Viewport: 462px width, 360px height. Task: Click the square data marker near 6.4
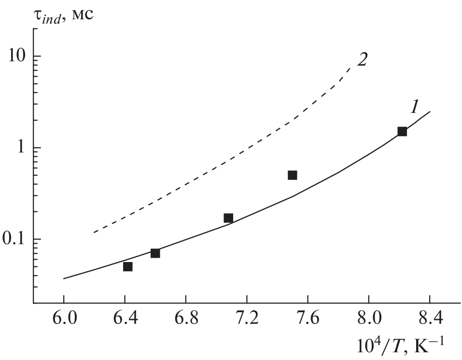click(127, 266)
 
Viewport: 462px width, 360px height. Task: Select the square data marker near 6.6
click(155, 253)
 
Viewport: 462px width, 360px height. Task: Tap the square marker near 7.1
click(228, 218)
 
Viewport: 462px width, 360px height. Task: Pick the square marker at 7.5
click(292, 175)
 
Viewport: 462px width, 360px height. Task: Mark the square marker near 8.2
click(402, 131)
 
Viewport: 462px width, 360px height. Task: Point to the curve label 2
click(362, 59)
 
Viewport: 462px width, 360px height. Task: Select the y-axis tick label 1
click(21, 148)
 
